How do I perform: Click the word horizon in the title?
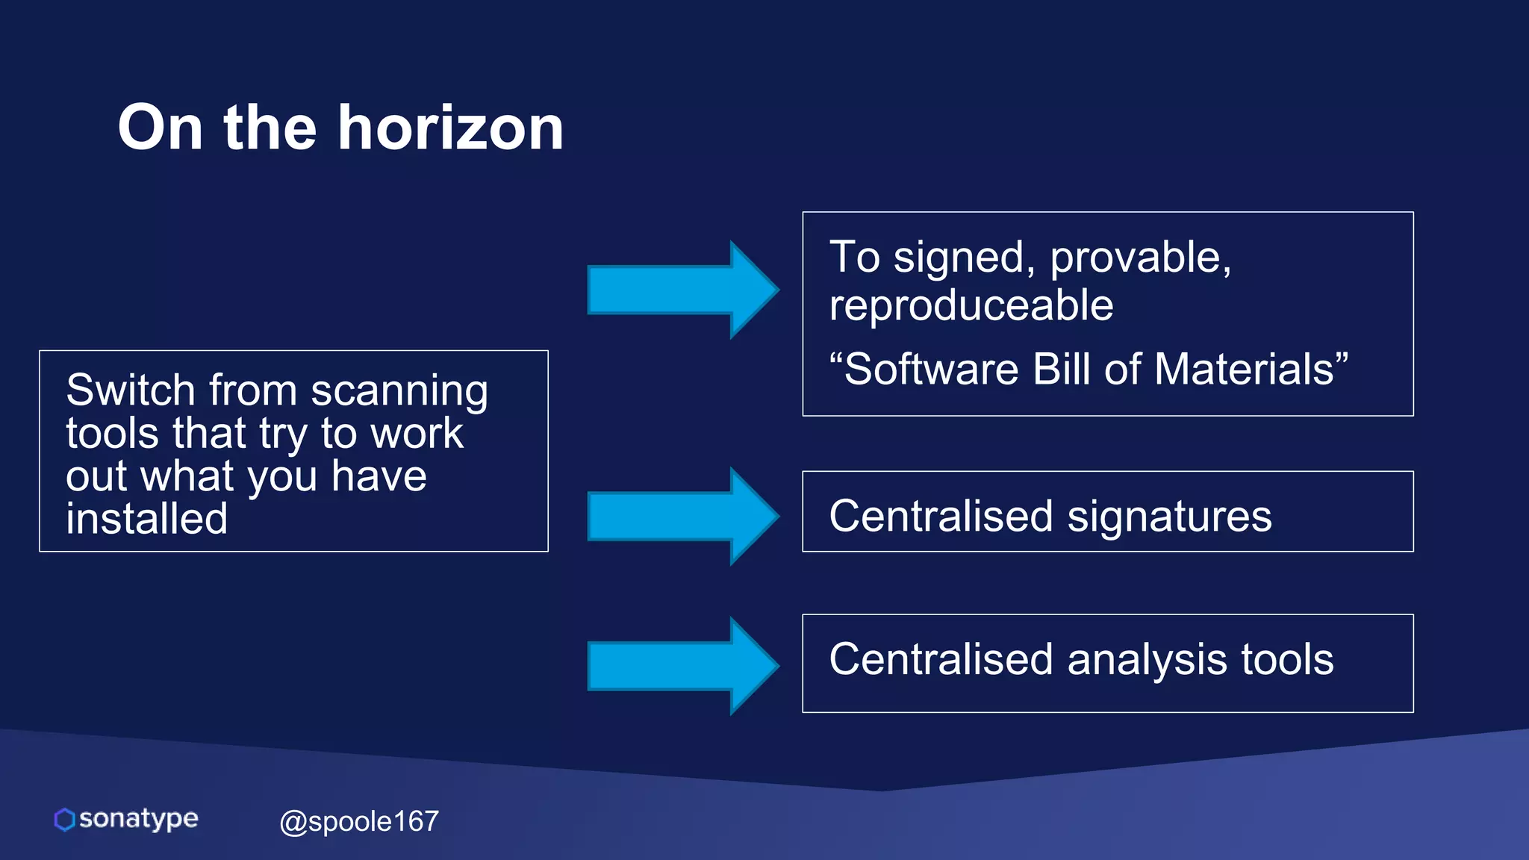pyautogui.click(x=451, y=128)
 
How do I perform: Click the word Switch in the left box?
pyautogui.click(x=131, y=390)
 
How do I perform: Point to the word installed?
pyautogui.click(x=147, y=519)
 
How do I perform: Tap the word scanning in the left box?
pyautogui.click(x=399, y=392)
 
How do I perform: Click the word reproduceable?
pyautogui.click(x=971, y=306)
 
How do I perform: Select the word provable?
pyautogui.click(x=1139, y=258)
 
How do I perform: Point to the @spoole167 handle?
pyautogui.click(x=359, y=821)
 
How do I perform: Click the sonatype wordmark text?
pyautogui.click(x=139, y=819)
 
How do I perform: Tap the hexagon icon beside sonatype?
pyautogui.click(x=65, y=819)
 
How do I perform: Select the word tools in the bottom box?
pyautogui.click(x=1287, y=660)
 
